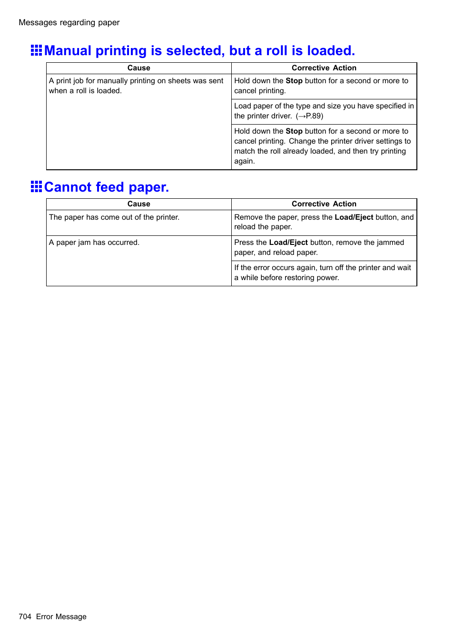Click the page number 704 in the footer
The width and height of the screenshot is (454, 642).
pos(25,616)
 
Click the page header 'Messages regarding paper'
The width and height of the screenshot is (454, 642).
pos(69,22)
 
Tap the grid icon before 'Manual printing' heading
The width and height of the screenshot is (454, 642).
pos(36,50)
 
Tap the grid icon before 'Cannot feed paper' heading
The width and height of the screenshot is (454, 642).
pos(36,186)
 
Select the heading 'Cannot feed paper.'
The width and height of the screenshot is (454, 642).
pos(107,187)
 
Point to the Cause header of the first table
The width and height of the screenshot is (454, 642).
pos(138,68)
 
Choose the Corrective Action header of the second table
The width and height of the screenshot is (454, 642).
pos(324,204)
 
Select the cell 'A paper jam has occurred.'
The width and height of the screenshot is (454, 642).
pos(94,243)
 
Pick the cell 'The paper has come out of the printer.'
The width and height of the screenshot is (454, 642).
pos(114,217)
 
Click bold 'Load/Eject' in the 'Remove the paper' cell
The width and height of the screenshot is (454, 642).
pos(354,217)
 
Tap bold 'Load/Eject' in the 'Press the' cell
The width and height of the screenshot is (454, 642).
pos(288,243)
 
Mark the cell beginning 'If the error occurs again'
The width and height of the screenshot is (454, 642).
pos(322,272)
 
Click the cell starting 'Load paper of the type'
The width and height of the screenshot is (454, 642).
pos(324,111)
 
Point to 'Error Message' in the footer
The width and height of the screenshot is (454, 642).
pos(61,616)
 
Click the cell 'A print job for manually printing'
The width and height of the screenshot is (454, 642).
pos(136,86)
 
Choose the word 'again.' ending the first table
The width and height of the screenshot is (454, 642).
pos(244,161)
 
